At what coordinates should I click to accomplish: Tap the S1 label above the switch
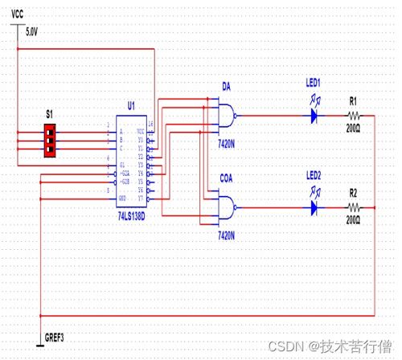(48, 115)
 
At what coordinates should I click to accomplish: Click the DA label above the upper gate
(226, 86)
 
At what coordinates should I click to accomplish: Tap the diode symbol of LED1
(317, 115)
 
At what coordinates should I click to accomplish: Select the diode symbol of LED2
(317, 207)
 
